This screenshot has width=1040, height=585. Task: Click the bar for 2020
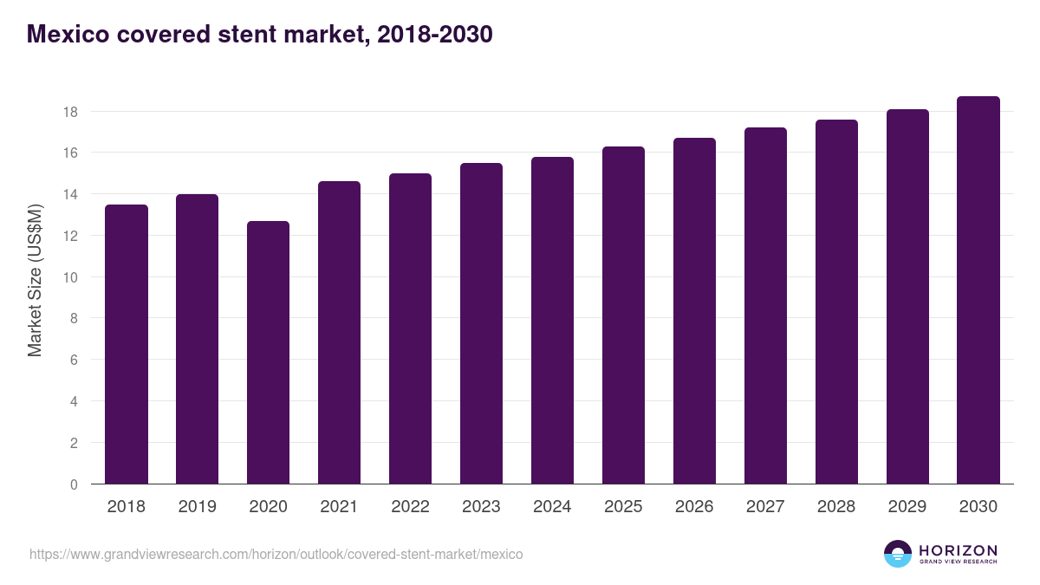pos(268,353)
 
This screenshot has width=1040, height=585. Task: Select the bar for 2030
pos(978,290)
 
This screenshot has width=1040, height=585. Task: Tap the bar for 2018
pos(127,344)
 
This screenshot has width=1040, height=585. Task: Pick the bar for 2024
pos(552,321)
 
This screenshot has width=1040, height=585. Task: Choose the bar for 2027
pos(765,306)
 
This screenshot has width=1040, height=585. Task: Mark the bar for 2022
pos(410,328)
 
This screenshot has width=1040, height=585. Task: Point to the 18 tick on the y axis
pos(70,112)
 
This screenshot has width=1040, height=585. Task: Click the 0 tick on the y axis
pos(74,484)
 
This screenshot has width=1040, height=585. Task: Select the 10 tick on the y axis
pos(70,277)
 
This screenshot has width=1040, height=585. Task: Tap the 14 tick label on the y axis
pos(70,195)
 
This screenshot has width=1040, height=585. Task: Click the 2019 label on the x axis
pos(198,507)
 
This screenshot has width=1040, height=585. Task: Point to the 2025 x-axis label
pos(623,507)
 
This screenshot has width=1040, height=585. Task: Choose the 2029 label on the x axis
pos(907,507)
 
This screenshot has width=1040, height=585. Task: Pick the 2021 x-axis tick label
pos(339,507)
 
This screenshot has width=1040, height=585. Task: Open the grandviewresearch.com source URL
pos(276,554)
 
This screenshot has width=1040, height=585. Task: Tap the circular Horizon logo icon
pos(898,554)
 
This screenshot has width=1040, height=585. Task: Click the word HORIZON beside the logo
pos(958,549)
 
